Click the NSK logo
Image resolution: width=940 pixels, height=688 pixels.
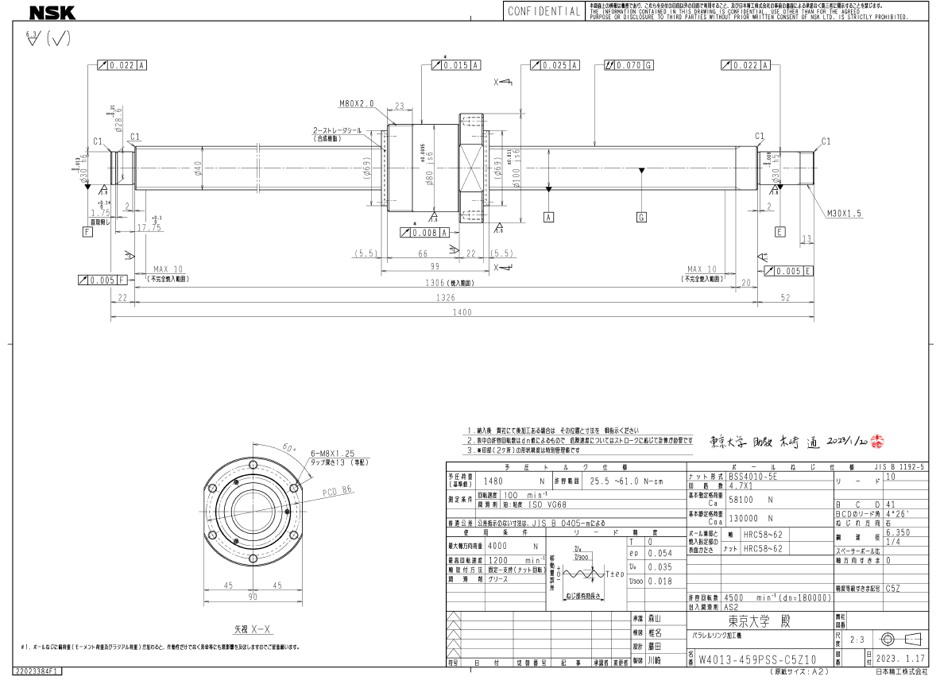point(52,12)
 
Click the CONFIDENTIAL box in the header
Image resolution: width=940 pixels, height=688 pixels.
point(543,12)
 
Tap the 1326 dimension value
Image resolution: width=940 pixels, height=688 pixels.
point(445,298)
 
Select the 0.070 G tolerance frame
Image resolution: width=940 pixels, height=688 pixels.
point(629,65)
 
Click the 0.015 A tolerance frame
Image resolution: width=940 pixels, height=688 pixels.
point(456,65)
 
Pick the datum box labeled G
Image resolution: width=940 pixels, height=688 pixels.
point(642,216)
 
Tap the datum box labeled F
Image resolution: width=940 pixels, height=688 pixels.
point(87,231)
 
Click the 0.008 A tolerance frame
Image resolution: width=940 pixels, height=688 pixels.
point(425,232)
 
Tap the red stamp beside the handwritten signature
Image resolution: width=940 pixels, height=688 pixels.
point(877,439)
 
